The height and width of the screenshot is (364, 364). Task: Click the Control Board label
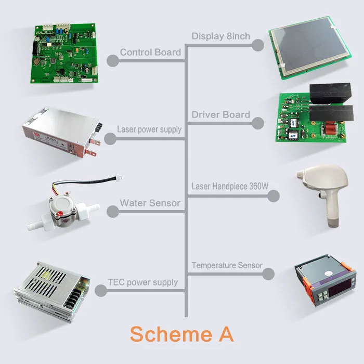coord(150,52)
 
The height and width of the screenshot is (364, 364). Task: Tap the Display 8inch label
coord(220,36)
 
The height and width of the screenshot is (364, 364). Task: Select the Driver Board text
coord(220,114)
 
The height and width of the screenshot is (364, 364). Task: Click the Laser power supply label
coord(149,129)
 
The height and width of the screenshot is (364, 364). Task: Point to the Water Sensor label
coord(150,202)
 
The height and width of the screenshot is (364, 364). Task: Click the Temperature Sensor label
coord(227,265)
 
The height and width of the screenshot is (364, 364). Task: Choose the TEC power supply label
coord(142,282)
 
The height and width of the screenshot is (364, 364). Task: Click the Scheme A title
coord(181,334)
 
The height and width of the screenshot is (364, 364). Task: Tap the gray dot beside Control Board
coord(113,61)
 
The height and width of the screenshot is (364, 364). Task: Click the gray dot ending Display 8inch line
coord(257,45)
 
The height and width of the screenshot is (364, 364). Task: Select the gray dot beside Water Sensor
coord(113,211)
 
